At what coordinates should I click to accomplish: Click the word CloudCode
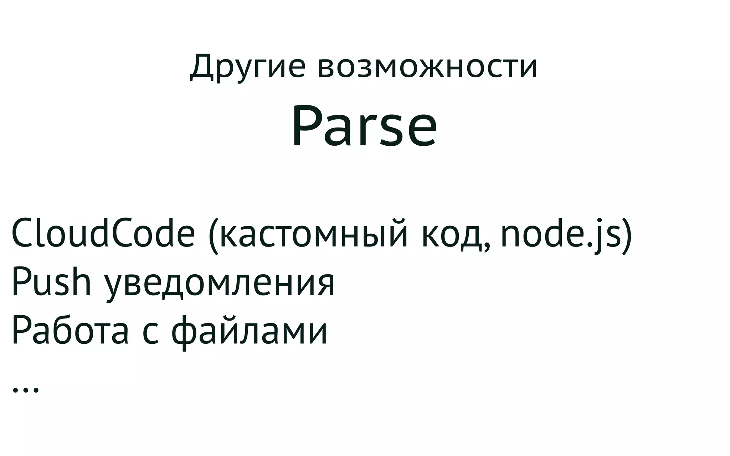coord(103,234)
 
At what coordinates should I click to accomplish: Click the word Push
coord(51,283)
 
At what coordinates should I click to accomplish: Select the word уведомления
coord(219,285)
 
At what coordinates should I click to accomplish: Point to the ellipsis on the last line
coord(25,390)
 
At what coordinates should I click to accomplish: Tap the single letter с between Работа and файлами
coord(150,333)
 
